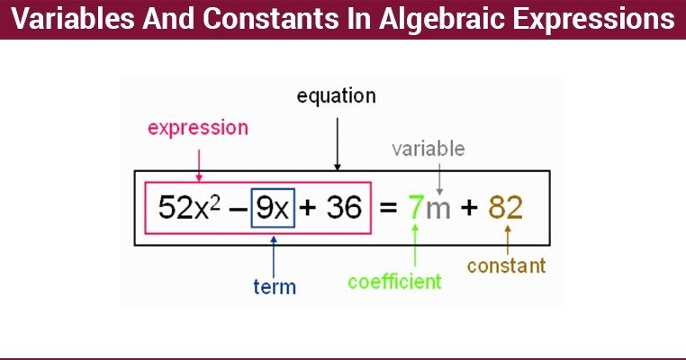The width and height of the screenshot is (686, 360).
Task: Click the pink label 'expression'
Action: pos(197,128)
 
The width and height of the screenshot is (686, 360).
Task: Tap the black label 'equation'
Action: pos(336,95)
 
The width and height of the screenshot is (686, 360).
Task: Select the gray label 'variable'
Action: pos(429,148)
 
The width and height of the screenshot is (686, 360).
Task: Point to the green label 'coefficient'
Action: pos(395,282)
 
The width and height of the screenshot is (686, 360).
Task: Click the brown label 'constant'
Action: pos(507,265)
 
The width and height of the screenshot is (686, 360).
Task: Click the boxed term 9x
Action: pos(272,208)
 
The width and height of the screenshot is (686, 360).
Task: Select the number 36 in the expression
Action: pos(343,208)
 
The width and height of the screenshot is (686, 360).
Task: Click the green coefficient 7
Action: pos(414,208)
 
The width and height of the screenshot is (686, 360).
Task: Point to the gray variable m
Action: pos(438,210)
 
